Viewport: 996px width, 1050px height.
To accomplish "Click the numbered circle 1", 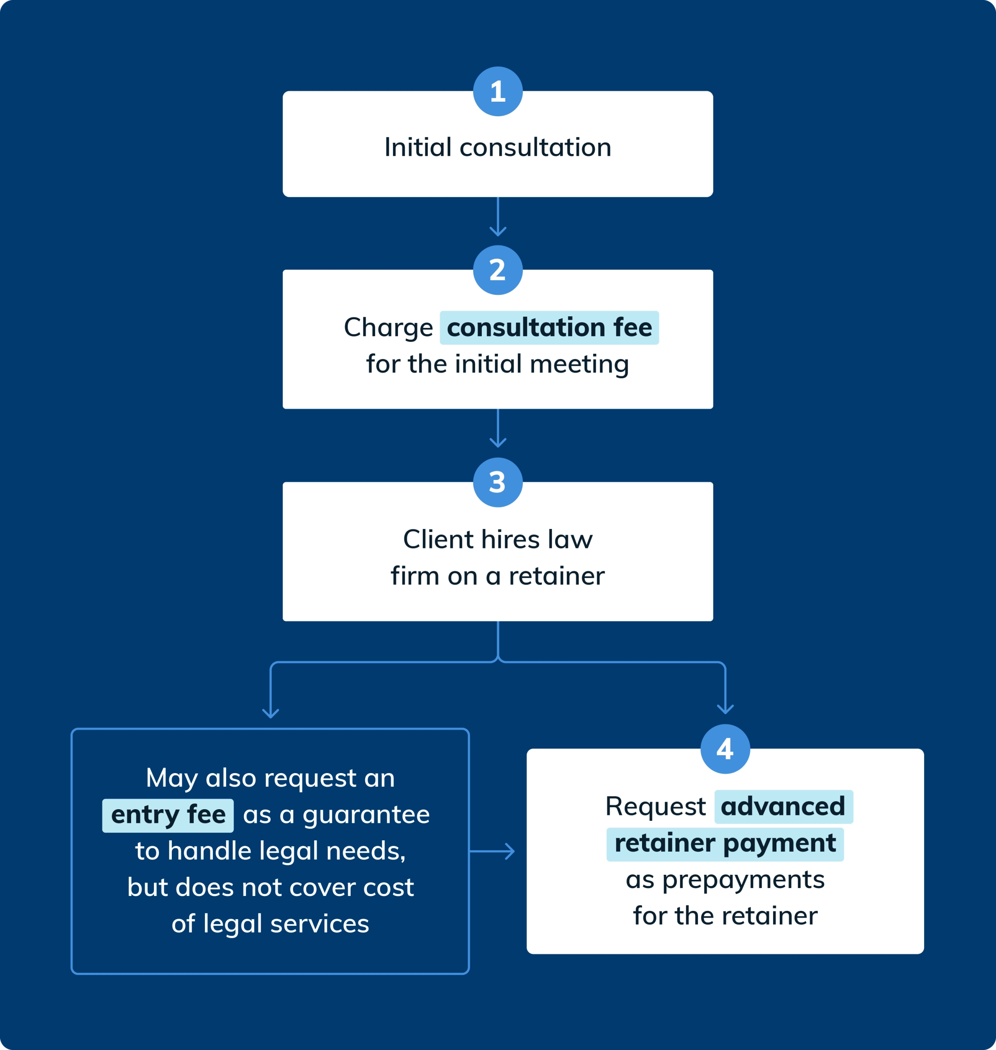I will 498,91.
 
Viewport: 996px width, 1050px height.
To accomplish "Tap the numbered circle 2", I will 498,270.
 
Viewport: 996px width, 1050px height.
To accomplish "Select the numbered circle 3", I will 498,482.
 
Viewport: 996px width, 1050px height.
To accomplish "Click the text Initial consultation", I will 498,147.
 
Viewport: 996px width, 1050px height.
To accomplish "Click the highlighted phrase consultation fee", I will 549,328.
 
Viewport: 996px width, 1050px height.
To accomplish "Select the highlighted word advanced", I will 783,807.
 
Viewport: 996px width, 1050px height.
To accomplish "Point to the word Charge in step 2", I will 388,328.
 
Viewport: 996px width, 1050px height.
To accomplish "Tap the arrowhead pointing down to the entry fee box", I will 270,713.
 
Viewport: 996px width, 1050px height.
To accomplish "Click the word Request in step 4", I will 655,807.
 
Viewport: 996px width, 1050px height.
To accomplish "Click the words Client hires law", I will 498,540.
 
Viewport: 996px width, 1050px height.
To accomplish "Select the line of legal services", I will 270,924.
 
